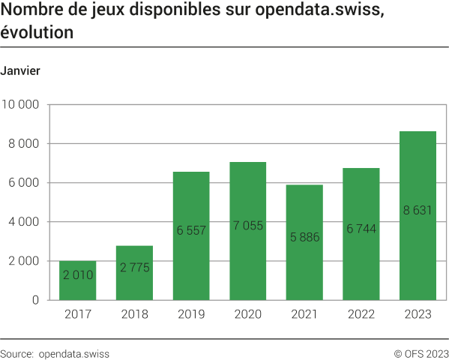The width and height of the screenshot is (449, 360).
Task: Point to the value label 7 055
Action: (x=248, y=225)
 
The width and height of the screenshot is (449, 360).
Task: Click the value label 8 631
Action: (x=418, y=211)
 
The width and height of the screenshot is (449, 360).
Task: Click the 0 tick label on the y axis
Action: (x=36, y=300)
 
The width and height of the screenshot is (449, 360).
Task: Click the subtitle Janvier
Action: (x=20, y=70)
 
